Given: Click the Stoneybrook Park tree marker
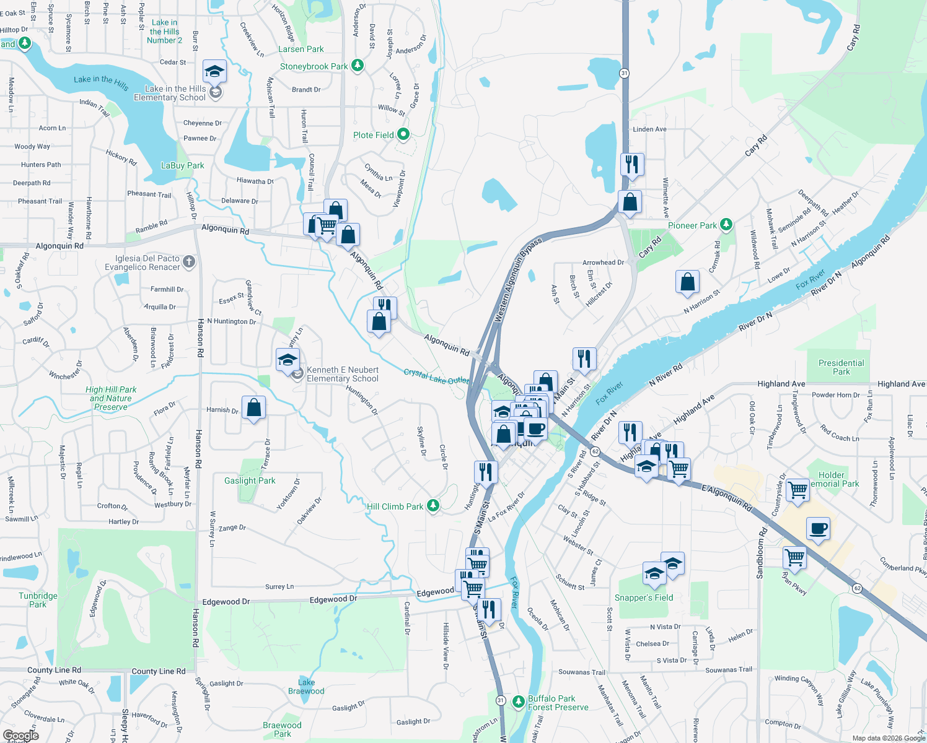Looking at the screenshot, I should click(357, 65).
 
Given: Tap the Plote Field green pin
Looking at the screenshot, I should click(403, 134).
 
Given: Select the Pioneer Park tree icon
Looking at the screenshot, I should click(726, 225).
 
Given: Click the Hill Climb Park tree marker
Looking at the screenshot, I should click(433, 506).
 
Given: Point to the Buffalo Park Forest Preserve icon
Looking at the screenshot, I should click(518, 702).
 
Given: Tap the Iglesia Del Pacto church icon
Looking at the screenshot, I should click(189, 262).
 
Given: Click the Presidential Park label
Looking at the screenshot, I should click(841, 367).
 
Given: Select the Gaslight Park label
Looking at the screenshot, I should click(250, 480).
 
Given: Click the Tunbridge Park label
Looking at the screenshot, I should click(38, 600).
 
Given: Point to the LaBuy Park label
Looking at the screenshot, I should click(182, 165).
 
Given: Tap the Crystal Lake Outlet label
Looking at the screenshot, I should click(436, 376).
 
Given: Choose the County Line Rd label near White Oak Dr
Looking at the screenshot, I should click(54, 670).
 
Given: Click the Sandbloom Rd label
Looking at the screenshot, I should click(762, 553).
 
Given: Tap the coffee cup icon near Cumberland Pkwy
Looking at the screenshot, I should click(818, 529).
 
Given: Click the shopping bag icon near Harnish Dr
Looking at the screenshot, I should click(253, 407).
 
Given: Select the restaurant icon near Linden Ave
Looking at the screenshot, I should click(631, 164).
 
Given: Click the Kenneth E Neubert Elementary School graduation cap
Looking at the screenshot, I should click(288, 360).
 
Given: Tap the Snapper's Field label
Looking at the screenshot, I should click(643, 597).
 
